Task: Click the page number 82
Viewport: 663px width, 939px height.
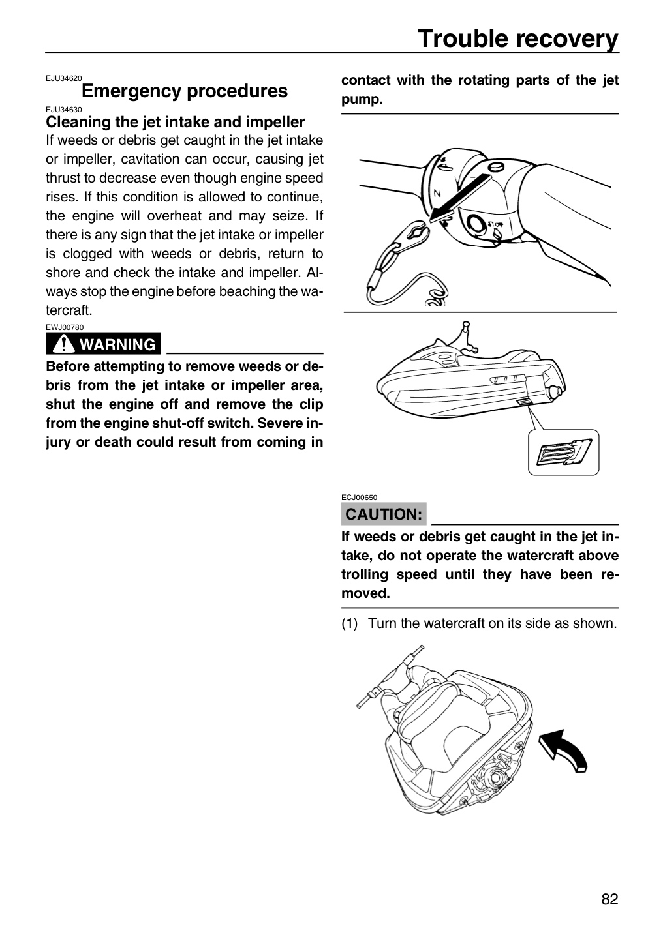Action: point(609,910)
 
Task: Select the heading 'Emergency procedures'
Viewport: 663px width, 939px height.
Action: point(185,91)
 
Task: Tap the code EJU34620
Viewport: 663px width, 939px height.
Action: point(64,78)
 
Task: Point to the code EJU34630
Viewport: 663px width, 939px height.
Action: point(64,110)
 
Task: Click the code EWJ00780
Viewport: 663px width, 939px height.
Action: point(65,327)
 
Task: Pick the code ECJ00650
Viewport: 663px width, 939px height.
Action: point(359,497)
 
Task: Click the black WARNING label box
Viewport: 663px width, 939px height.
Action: point(103,344)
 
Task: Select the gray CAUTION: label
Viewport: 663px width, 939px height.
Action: point(384,514)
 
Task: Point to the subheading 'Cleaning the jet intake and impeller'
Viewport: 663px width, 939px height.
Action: point(175,122)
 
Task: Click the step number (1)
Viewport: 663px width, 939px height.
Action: point(349,623)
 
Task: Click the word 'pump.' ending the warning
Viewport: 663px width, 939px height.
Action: point(362,100)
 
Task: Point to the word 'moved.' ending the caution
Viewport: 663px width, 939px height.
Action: point(365,593)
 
